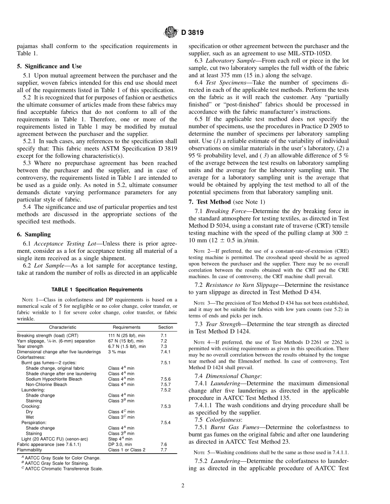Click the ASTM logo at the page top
coord(170,32)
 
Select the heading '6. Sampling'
coord(34,234)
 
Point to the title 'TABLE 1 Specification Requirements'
coord(97,290)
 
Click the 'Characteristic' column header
coord(62,327)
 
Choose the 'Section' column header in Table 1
coord(165,327)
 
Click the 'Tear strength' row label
coord(30,346)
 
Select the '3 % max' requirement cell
coord(116,352)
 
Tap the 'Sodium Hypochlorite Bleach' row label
coord(54,379)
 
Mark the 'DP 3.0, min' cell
coord(120,444)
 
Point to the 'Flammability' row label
coord(30,450)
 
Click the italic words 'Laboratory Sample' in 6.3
coord(228,61)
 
